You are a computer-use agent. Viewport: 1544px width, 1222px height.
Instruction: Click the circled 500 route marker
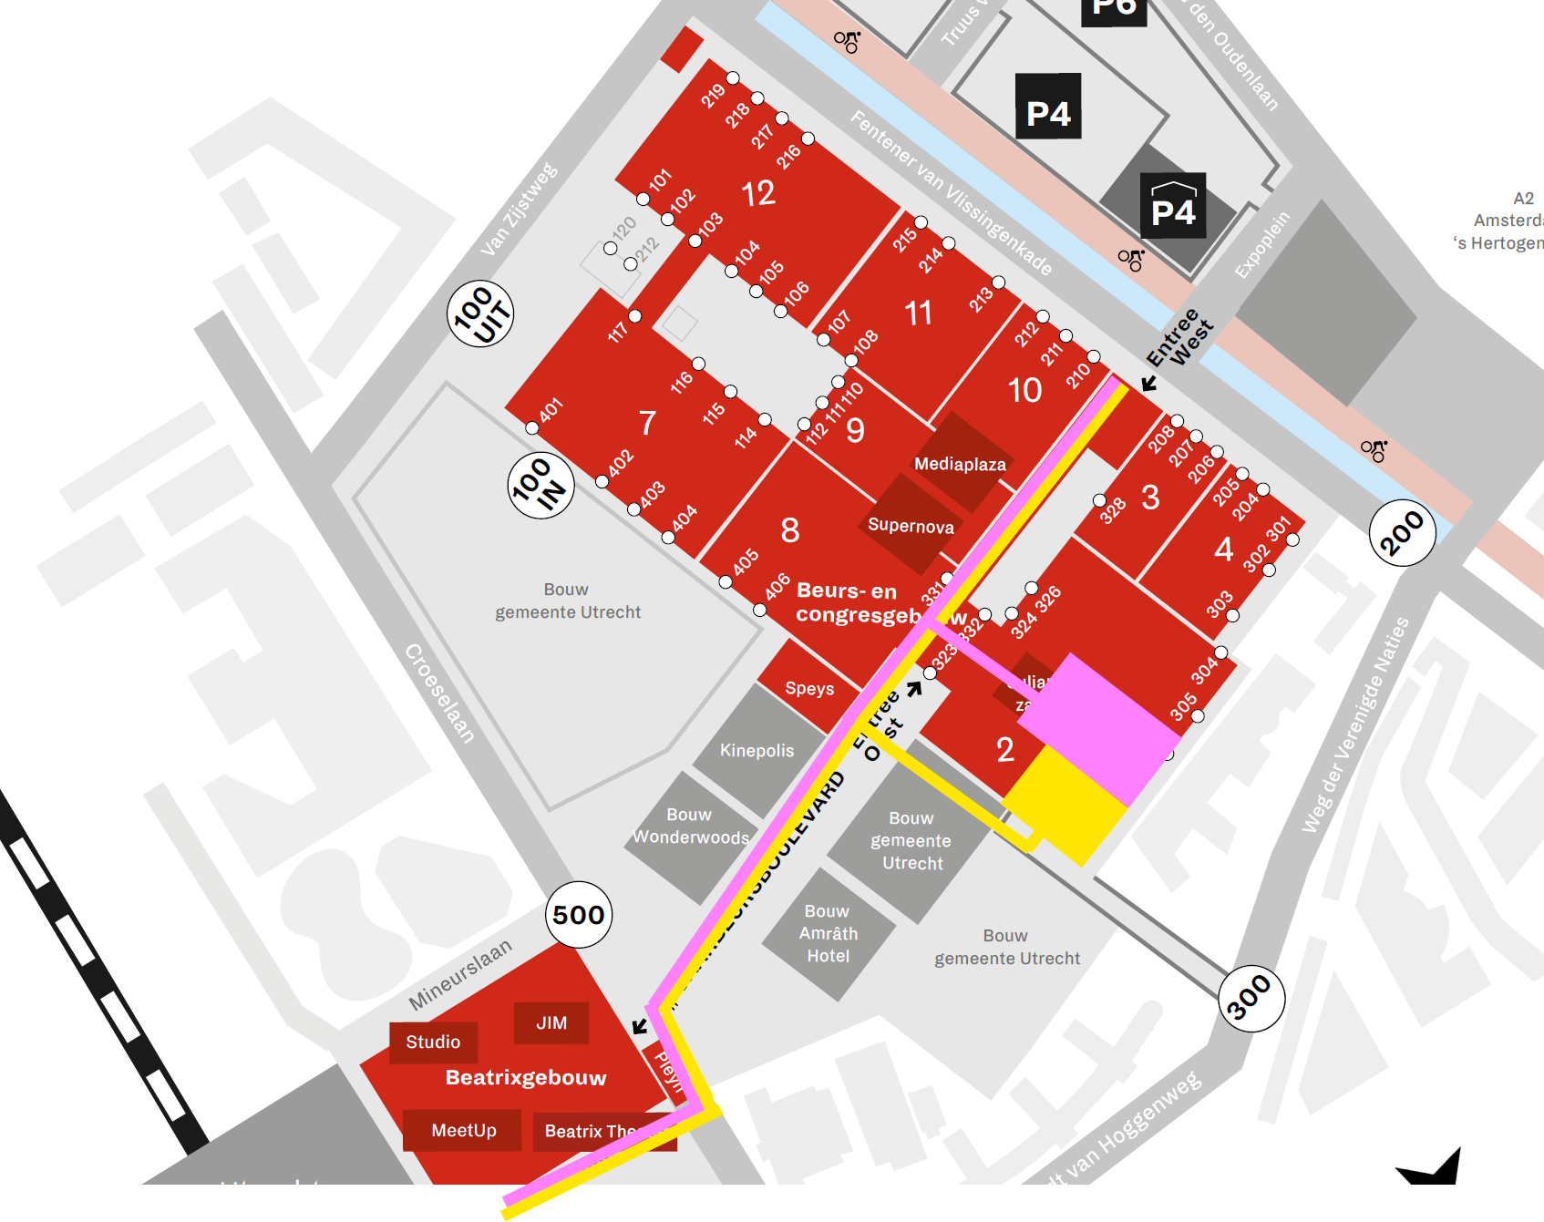579,915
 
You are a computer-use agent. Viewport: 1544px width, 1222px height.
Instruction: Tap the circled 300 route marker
1251,999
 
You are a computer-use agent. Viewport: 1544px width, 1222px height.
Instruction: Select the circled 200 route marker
1402,533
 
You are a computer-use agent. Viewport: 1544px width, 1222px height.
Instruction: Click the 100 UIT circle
480,314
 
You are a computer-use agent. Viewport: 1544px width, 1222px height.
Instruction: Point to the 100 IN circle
540,485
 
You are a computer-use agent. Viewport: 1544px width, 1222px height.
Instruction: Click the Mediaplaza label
960,464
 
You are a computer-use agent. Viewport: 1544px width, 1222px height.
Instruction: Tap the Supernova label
911,526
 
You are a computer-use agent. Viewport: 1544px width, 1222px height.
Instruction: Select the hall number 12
757,193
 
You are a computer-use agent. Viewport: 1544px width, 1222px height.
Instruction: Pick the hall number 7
647,423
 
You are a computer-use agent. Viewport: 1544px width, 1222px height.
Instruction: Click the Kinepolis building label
757,751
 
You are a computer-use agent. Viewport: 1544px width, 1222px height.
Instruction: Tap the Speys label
809,689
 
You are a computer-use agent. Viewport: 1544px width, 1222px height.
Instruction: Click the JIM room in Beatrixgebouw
551,1023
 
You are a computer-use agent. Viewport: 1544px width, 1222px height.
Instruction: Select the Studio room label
433,1042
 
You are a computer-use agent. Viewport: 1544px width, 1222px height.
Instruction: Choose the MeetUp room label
463,1131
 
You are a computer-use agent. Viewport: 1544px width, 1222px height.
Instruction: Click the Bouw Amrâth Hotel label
828,933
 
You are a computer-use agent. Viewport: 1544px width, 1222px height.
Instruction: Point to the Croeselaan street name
440,693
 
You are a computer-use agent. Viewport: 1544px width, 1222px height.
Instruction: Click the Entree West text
1179,337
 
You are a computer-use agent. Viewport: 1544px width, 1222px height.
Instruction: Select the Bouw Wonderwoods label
690,826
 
